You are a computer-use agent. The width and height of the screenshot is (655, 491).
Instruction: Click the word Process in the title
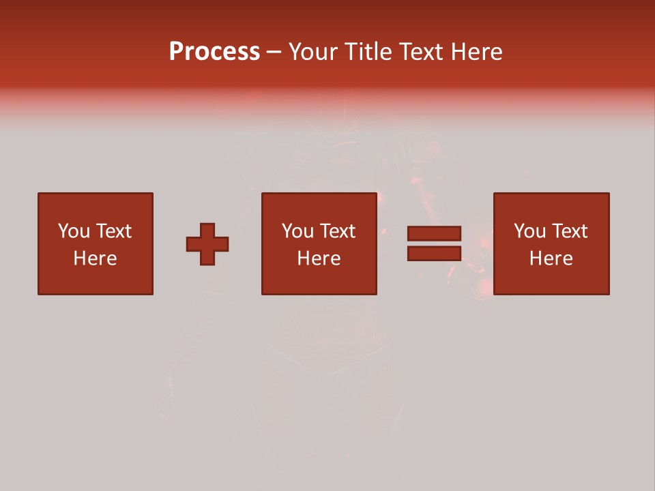click(214, 52)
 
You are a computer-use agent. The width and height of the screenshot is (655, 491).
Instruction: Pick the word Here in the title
click(478, 52)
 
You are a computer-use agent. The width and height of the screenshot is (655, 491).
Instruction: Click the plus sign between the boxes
click(207, 244)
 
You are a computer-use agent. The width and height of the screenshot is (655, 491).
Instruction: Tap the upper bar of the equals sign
click(434, 233)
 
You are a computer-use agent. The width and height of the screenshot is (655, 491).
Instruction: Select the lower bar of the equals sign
click(434, 253)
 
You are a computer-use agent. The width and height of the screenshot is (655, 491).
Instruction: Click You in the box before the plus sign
click(74, 231)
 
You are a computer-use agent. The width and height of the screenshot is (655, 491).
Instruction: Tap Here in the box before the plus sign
click(95, 258)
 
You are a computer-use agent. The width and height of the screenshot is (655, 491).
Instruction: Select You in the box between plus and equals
click(297, 231)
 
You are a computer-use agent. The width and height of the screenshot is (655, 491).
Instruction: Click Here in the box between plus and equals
click(319, 258)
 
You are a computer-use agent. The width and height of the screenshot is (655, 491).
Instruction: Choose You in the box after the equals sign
click(529, 231)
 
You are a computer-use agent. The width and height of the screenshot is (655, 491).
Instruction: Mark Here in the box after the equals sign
click(551, 258)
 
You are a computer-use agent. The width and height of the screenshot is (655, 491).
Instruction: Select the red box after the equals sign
click(551, 280)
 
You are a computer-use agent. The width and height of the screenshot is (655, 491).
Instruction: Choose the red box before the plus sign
click(96, 280)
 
